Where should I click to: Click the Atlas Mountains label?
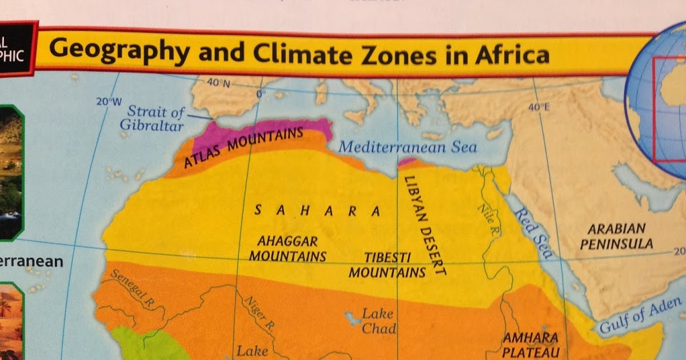[244, 147]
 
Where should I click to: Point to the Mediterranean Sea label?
[408, 147]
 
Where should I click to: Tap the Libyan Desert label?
[424, 225]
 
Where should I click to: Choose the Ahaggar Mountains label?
[287, 249]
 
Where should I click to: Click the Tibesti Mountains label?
[388, 264]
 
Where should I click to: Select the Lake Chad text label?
[378, 321]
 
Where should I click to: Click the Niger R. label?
[259, 314]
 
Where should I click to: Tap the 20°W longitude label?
[109, 102]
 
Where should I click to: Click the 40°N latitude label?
[217, 83]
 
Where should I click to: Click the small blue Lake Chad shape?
[349, 315]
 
